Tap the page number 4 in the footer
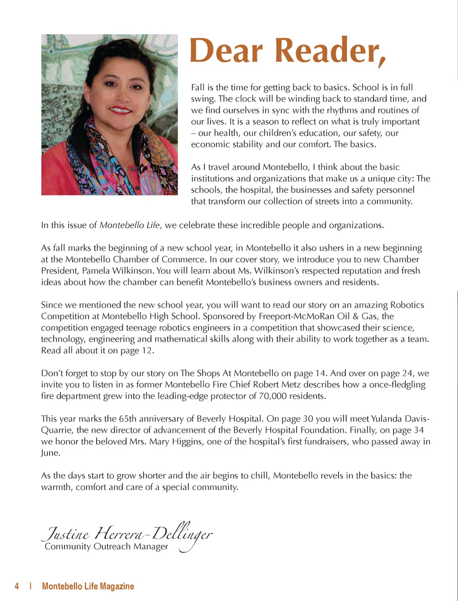tap(17, 586)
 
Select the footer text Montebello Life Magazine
tap(88, 586)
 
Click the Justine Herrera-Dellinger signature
tap(127, 533)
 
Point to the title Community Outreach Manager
tap(106, 546)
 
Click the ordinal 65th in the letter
tap(130, 419)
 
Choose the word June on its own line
tap(50, 453)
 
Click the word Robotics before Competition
tap(407, 305)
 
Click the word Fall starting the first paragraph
tap(198, 87)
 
